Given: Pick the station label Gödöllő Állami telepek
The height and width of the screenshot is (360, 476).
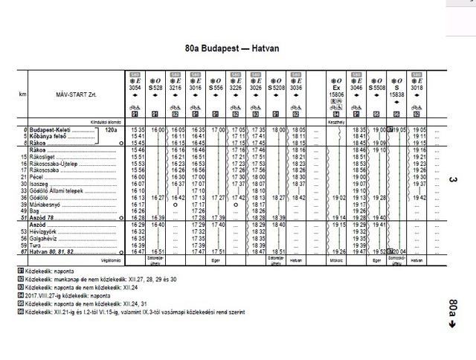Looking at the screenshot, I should point(57,190).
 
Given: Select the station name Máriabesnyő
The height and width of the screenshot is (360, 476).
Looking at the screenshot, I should point(44,204).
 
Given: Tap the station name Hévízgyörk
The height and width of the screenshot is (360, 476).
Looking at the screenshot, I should point(42,231).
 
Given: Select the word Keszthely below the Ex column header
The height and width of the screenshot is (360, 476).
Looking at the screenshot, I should point(336,120).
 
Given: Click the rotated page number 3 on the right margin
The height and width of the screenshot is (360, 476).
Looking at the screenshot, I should point(453,179).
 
